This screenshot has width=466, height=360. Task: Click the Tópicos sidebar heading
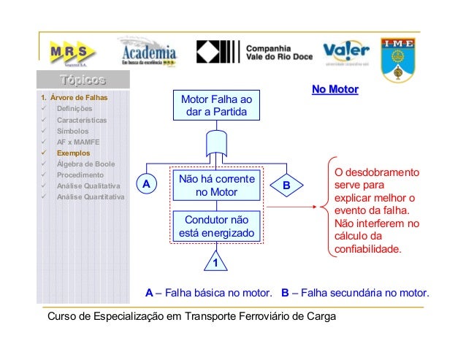click(83, 80)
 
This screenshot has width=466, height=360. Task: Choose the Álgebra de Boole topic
click(85, 164)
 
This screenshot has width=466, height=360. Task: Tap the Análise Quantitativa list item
click(91, 197)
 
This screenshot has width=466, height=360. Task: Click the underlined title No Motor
click(335, 91)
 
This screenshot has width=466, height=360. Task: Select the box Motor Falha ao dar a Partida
click(215, 105)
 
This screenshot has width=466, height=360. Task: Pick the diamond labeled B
click(286, 185)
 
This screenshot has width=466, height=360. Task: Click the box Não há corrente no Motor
click(215, 185)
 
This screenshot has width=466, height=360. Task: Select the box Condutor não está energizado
click(215, 226)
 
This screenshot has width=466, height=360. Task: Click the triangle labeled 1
click(216, 260)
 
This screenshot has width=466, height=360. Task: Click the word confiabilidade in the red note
click(367, 248)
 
